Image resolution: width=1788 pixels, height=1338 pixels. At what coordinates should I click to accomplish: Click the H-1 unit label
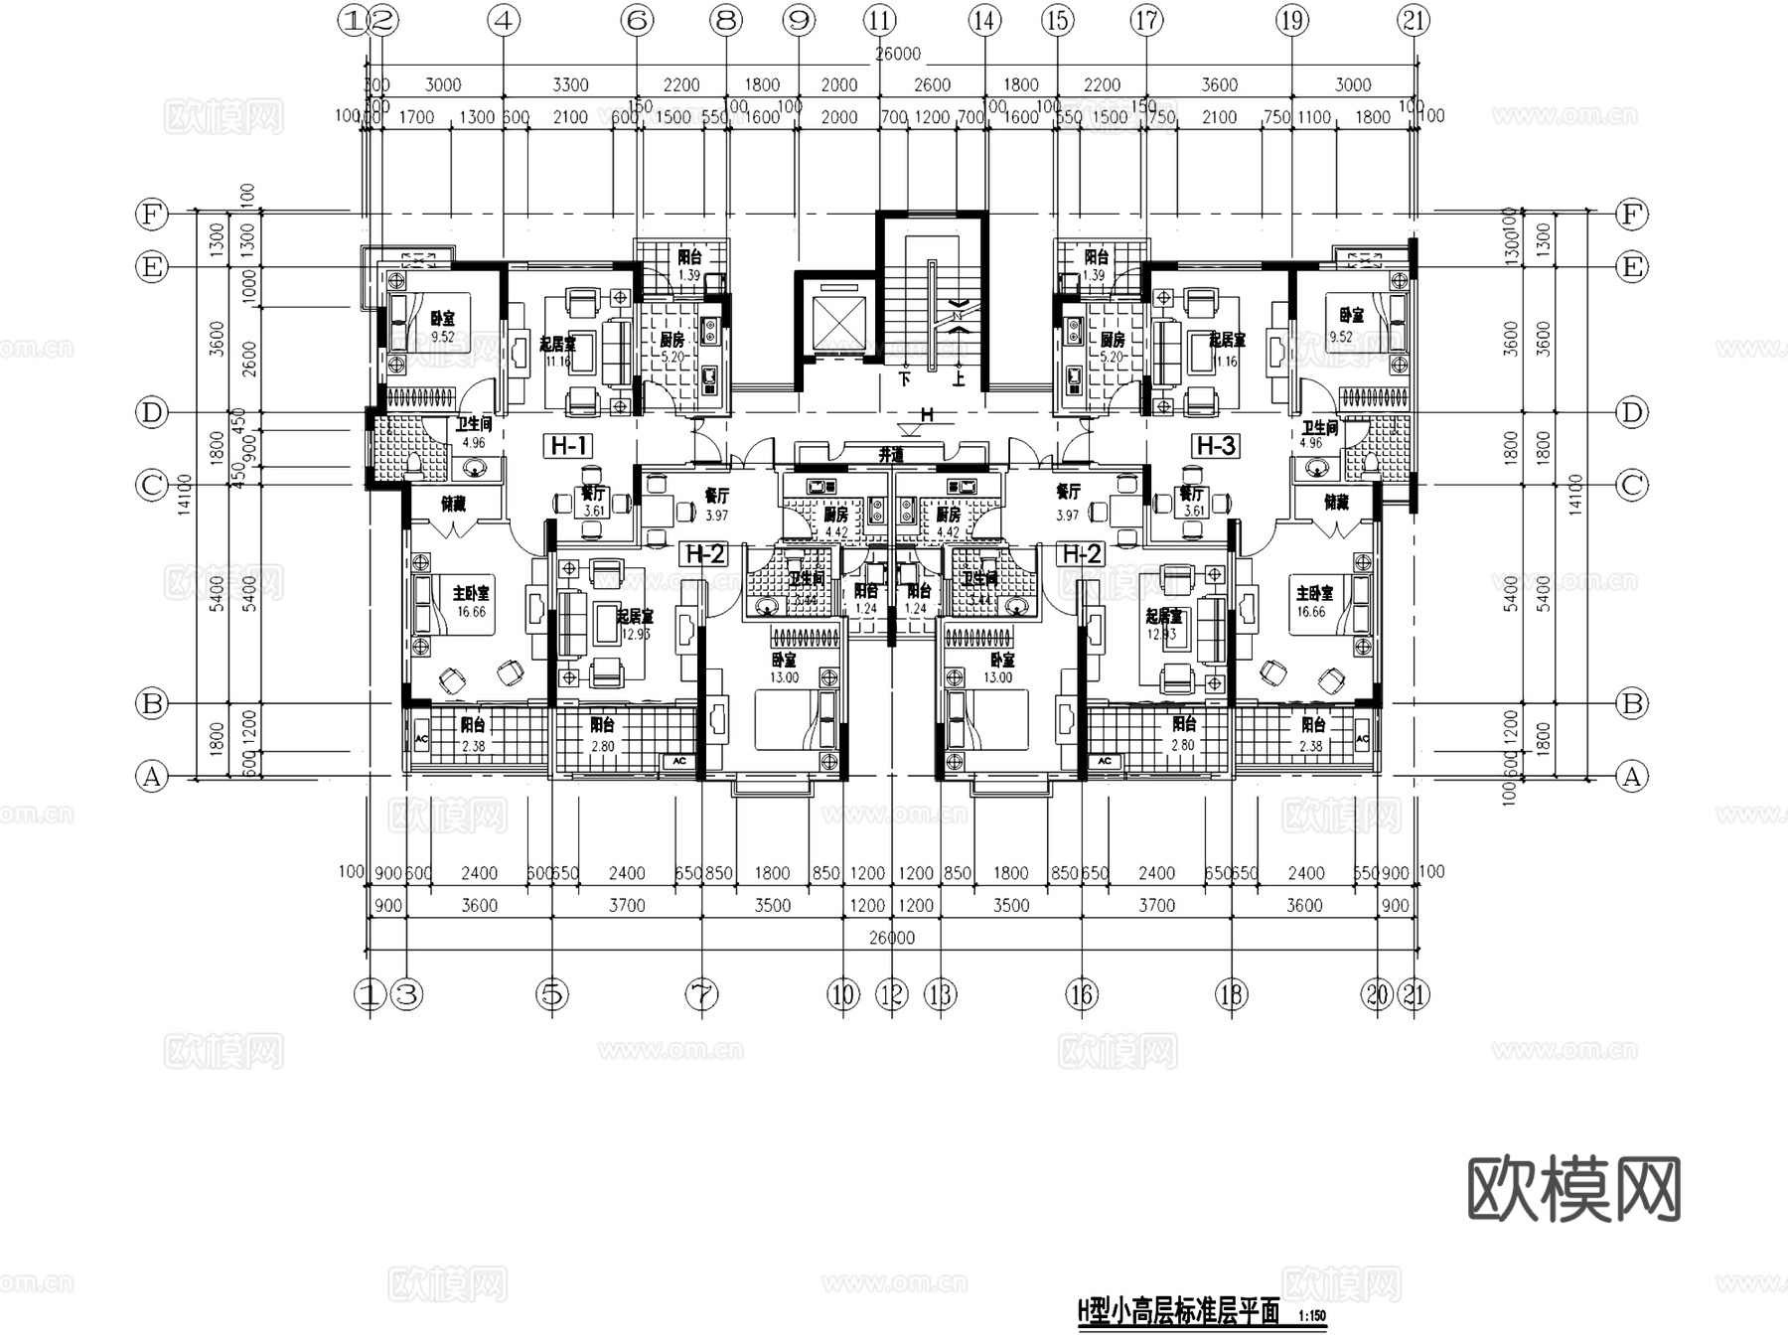pos(568,446)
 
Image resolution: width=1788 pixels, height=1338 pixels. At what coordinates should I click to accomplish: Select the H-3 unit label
pos(1215,446)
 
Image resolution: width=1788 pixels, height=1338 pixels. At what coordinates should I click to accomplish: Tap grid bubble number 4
pos(505,20)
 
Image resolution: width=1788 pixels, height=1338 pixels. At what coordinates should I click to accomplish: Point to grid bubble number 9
pos(798,20)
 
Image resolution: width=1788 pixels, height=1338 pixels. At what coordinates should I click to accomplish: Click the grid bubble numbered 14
pos(984,20)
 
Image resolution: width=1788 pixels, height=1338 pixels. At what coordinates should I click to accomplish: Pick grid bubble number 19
pos(1291,20)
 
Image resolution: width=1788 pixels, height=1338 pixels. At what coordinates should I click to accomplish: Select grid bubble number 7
pos(701,993)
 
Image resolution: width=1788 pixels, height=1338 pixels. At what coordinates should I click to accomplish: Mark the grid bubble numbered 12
pos(892,993)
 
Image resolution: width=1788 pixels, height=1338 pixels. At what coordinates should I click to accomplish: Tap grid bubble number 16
pos(1081,993)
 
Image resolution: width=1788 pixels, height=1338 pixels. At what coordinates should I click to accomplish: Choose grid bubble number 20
pos(1377,993)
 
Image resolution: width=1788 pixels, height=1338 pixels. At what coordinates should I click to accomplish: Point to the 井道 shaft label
pos(891,455)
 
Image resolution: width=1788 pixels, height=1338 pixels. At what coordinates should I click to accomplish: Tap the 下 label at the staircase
pos(904,378)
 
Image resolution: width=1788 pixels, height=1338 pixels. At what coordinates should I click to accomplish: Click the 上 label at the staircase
pos(959,378)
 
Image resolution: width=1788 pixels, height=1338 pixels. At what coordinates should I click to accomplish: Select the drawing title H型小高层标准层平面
pos(1178,1313)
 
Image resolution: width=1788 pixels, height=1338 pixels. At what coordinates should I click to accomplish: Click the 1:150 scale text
pos(1311,1316)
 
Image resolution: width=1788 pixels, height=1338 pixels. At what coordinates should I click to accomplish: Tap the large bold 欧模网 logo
pos(1573,1188)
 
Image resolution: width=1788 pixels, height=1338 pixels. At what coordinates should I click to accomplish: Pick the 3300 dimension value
pos(570,85)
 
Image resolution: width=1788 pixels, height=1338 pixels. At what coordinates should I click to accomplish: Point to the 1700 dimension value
pos(416,117)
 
